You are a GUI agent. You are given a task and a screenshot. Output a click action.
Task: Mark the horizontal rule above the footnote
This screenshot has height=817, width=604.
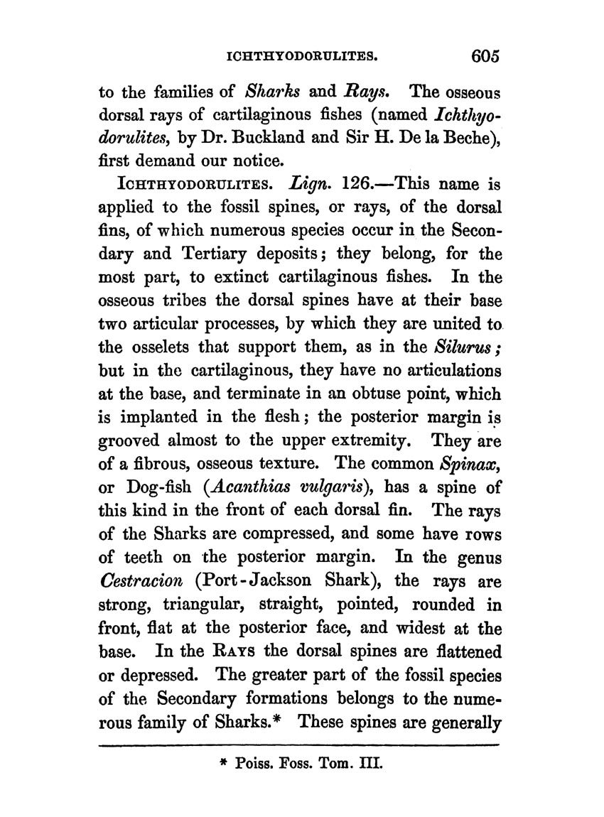[301, 746]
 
